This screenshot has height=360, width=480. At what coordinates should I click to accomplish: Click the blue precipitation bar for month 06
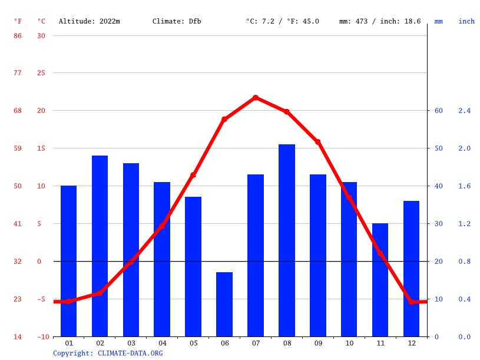point(224,304)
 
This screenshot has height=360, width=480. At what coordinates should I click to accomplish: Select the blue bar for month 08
point(287,240)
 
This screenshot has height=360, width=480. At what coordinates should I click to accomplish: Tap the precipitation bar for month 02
point(100,246)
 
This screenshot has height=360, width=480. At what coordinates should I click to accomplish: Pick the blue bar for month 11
point(380,280)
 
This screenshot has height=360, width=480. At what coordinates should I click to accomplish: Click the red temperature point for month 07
point(256,98)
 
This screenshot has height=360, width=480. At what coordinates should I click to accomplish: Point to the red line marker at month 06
point(224,119)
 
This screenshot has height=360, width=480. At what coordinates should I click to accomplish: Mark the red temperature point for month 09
point(318,142)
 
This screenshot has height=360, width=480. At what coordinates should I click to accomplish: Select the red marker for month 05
point(193,175)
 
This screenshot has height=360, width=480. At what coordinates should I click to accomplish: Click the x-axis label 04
point(162,343)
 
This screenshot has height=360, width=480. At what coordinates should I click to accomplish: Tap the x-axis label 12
point(411,343)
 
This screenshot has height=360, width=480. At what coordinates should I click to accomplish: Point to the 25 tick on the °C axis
point(41,73)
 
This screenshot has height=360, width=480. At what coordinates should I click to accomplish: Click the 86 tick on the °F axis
point(18,35)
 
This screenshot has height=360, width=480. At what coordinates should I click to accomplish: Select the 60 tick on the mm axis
point(438,111)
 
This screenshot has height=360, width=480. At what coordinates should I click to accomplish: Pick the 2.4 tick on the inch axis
point(465,111)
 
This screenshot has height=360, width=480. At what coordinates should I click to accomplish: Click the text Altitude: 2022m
point(89,21)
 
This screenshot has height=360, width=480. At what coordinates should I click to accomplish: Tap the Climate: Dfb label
point(177,21)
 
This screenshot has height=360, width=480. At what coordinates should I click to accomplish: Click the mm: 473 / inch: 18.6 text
point(380,21)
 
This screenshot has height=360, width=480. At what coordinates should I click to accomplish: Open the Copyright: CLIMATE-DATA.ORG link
point(108,353)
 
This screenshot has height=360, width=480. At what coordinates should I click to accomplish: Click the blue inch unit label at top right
point(466,21)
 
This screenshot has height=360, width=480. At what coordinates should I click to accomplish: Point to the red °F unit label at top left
point(18,21)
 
